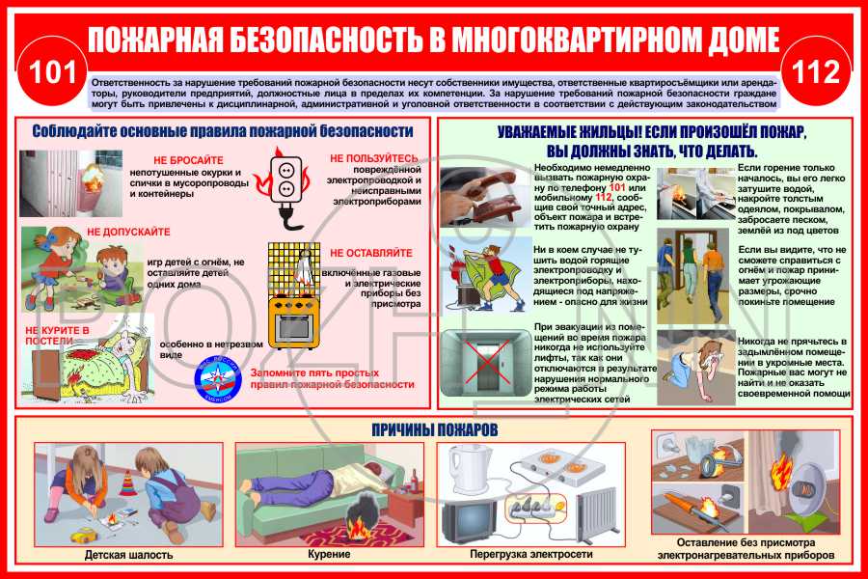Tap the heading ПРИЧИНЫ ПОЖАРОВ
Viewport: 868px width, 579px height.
click(433, 428)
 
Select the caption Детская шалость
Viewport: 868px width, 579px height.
click(128, 555)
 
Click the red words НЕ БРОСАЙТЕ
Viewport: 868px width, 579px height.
click(189, 160)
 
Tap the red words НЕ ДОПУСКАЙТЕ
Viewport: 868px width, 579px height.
click(128, 233)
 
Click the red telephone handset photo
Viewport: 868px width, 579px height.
click(482, 195)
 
